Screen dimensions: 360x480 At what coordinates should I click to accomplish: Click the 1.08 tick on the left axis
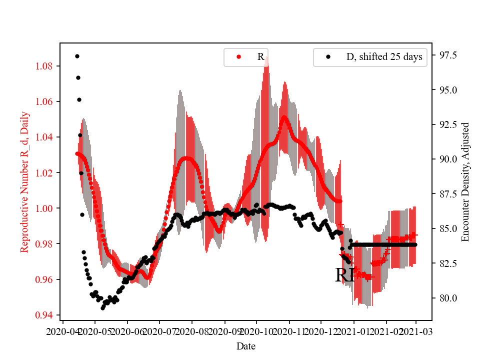click(x=47, y=66)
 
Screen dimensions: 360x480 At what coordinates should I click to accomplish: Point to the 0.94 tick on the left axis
click(x=47, y=315)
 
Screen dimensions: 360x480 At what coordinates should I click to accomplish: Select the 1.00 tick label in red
click(x=47, y=208)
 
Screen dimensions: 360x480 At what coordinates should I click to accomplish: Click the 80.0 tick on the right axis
click(x=447, y=298)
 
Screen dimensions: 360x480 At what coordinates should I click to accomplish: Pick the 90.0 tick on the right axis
click(x=447, y=159)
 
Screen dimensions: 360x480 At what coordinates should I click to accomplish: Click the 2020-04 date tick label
click(x=62, y=331)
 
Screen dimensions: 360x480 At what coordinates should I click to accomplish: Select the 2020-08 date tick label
click(x=191, y=331)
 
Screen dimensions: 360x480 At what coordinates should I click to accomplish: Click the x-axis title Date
click(x=246, y=345)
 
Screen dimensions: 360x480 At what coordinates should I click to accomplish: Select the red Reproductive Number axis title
click(x=24, y=182)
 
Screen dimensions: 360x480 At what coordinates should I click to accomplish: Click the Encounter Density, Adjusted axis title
click(x=465, y=182)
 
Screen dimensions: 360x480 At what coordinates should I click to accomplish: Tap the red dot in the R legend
click(x=238, y=57)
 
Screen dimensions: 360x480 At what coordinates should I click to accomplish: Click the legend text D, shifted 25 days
click(x=384, y=57)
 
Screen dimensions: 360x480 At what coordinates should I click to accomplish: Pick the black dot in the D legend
click(x=328, y=57)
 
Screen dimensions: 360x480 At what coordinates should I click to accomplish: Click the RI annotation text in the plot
click(x=345, y=275)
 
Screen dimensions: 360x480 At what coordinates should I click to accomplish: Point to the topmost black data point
click(x=77, y=56)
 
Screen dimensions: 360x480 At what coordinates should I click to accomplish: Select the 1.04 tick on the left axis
click(x=47, y=137)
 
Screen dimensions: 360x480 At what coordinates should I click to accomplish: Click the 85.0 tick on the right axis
click(x=447, y=228)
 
